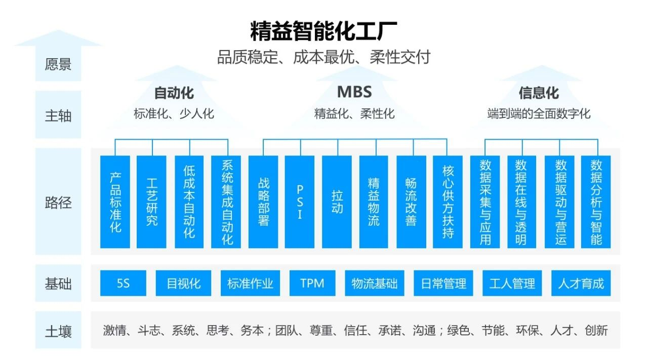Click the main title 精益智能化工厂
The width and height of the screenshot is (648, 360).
click(323, 31)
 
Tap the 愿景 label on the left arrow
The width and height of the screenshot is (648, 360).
click(58, 64)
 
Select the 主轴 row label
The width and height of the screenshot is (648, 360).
click(58, 116)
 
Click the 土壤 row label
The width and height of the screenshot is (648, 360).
click(58, 332)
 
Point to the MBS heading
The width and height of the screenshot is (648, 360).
click(354, 92)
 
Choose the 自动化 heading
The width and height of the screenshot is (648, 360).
click(174, 93)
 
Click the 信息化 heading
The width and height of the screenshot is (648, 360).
click(539, 93)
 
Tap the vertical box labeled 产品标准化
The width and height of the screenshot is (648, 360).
click(115, 202)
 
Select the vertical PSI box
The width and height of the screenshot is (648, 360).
click(299, 202)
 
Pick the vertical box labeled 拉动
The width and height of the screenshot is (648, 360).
click(337, 202)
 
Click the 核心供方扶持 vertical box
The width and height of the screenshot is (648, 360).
click(448, 202)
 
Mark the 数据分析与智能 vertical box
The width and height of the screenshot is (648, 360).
click(596, 202)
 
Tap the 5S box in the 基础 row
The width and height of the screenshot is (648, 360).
click(123, 283)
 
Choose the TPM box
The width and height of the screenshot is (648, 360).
click(312, 283)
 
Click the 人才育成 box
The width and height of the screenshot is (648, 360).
click(581, 283)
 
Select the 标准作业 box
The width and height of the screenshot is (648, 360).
click(250, 283)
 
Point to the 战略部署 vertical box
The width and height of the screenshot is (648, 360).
click(263, 202)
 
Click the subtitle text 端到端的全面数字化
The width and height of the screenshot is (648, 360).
click(539, 113)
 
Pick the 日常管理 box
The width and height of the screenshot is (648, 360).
click(443, 283)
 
